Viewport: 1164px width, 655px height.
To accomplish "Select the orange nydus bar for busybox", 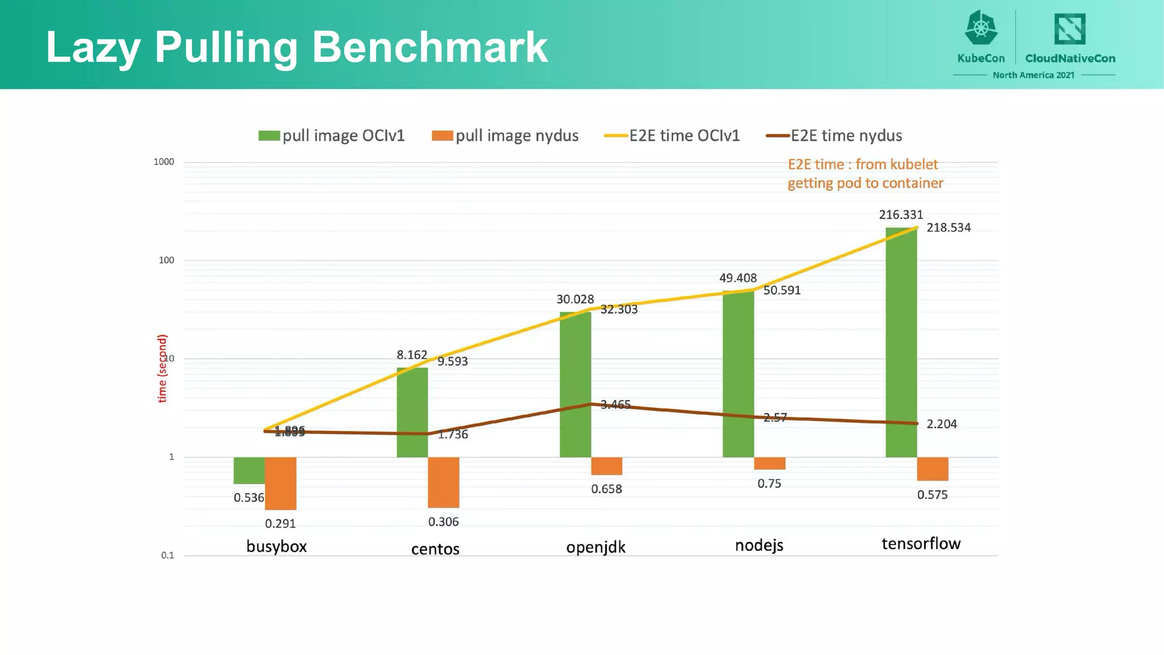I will click(x=280, y=483).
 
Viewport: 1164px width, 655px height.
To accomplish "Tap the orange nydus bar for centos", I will click(x=443, y=482).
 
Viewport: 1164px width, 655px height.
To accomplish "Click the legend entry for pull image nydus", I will click(x=505, y=136).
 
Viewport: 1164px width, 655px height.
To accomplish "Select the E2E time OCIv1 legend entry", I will click(x=672, y=136).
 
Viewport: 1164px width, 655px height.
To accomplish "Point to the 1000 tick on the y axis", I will click(x=164, y=162).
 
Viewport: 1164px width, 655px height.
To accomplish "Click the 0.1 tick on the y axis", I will click(x=167, y=555).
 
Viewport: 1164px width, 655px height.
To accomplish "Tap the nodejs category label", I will click(x=759, y=545).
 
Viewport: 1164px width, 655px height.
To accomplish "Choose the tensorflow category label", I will click(x=921, y=544).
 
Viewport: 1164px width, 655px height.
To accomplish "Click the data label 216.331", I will click(x=901, y=215).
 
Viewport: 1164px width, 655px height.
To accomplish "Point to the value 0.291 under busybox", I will click(x=280, y=524).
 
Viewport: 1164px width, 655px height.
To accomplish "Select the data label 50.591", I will click(x=781, y=291).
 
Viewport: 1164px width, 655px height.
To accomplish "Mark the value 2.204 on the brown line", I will click(x=941, y=424).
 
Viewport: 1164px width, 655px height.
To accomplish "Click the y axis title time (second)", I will click(x=162, y=368).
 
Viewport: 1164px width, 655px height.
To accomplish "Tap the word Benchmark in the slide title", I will click(x=430, y=47).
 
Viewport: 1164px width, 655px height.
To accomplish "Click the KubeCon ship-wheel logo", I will click(x=981, y=28).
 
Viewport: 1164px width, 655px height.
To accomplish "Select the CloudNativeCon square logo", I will click(x=1070, y=29).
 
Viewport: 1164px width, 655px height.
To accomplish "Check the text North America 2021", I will click(x=1033, y=75).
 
